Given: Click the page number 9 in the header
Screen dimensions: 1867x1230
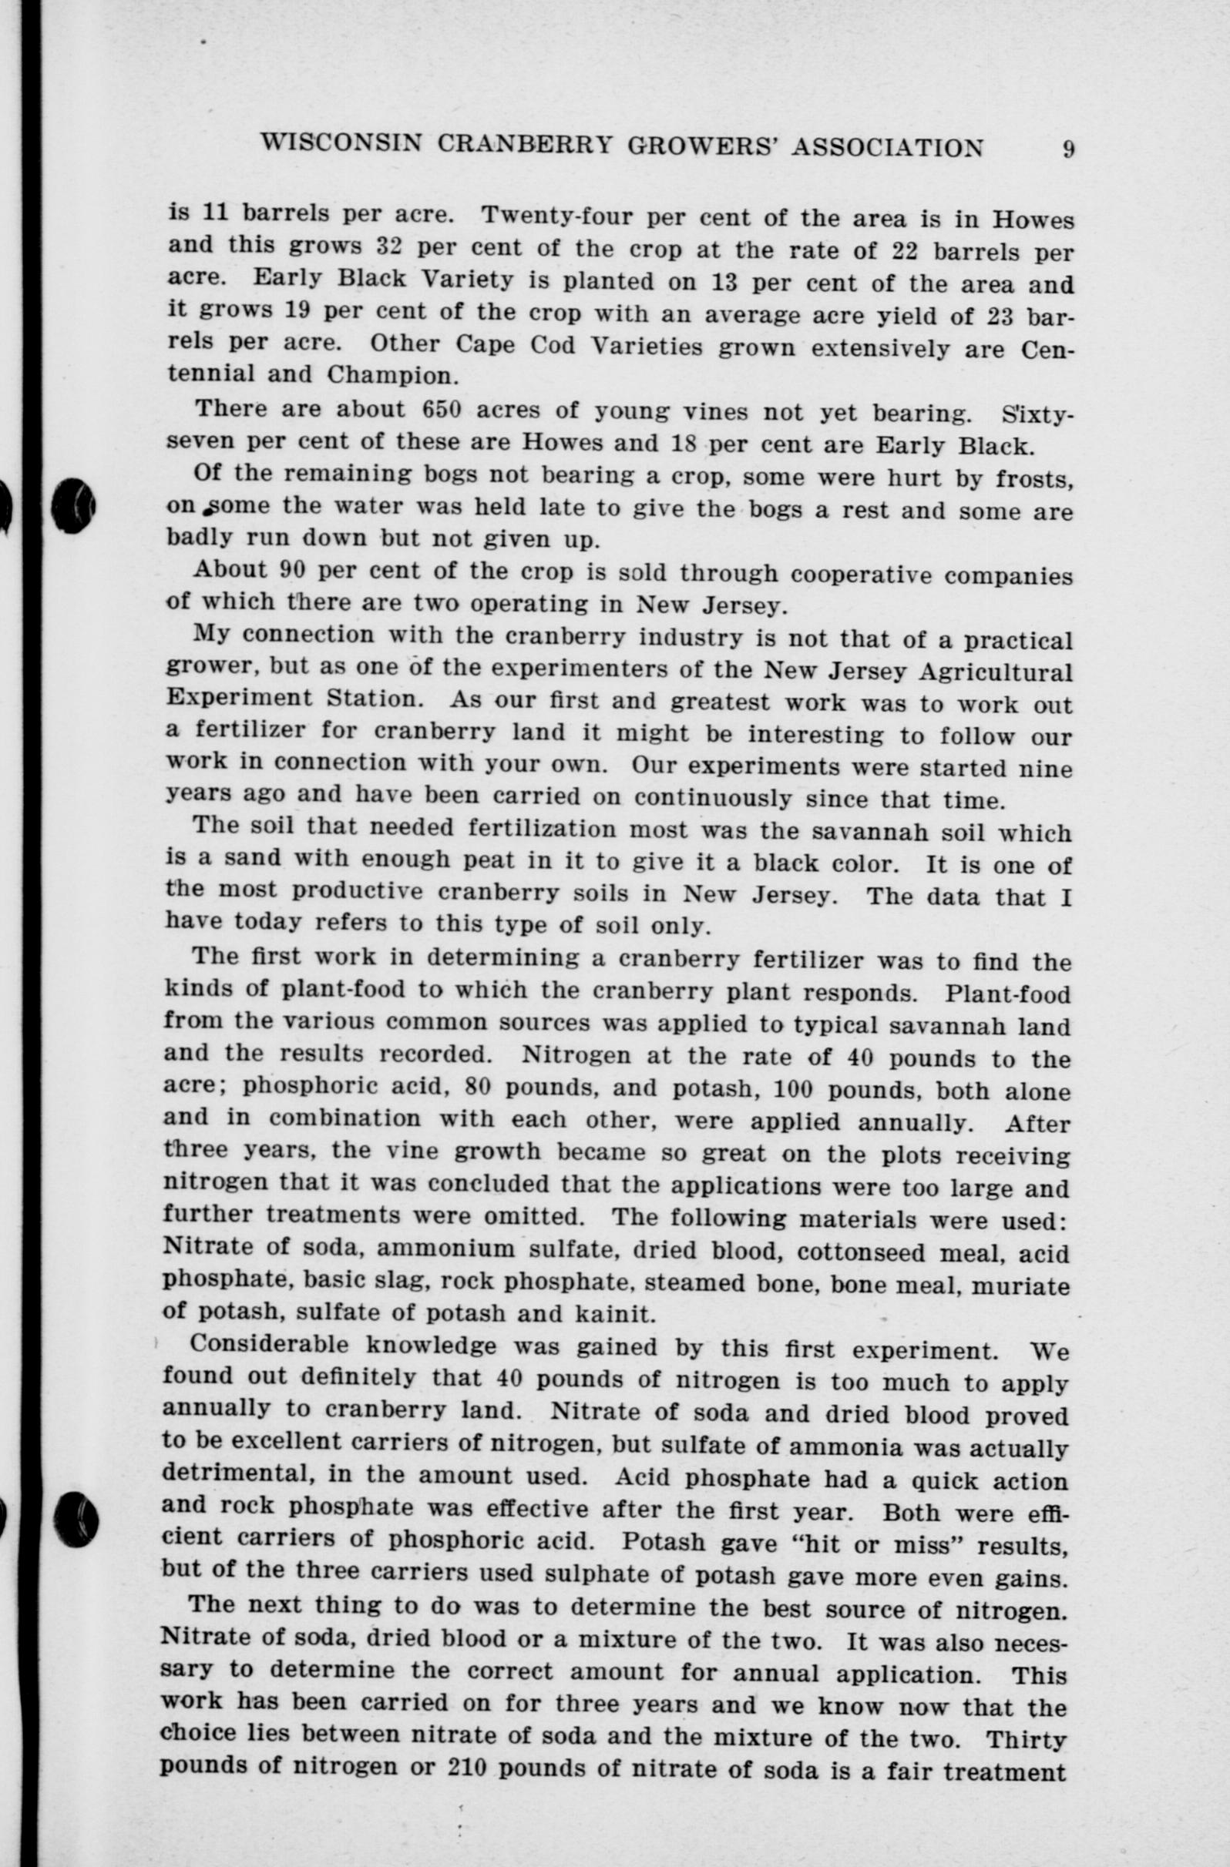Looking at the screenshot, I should tap(1068, 149).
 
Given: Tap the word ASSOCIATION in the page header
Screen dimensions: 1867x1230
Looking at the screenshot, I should tap(887, 147).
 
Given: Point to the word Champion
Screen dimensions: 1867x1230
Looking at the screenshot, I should tap(392, 374).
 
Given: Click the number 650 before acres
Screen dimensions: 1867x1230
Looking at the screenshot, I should tap(447, 410).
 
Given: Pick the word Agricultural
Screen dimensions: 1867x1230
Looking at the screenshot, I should tap(994, 672).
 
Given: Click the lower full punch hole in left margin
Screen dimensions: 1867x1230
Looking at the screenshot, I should tap(76, 1519).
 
